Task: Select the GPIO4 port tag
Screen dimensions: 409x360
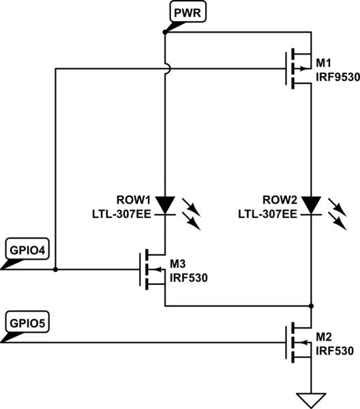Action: tap(25, 249)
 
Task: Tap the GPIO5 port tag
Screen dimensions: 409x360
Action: tap(25, 321)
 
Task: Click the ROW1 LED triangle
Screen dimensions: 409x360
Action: tap(166, 204)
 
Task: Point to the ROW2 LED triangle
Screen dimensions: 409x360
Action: tap(311, 204)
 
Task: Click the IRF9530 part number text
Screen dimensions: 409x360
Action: tap(335, 77)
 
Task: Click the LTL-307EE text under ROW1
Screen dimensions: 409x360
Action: tap(122, 214)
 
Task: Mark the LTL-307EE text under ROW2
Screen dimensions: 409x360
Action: tap(267, 214)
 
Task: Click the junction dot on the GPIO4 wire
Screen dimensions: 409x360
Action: tap(55, 269)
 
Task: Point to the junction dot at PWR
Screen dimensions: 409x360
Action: tap(166, 31)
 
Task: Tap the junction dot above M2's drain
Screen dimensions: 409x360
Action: tap(311, 305)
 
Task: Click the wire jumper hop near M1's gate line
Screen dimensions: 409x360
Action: tap(166, 68)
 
